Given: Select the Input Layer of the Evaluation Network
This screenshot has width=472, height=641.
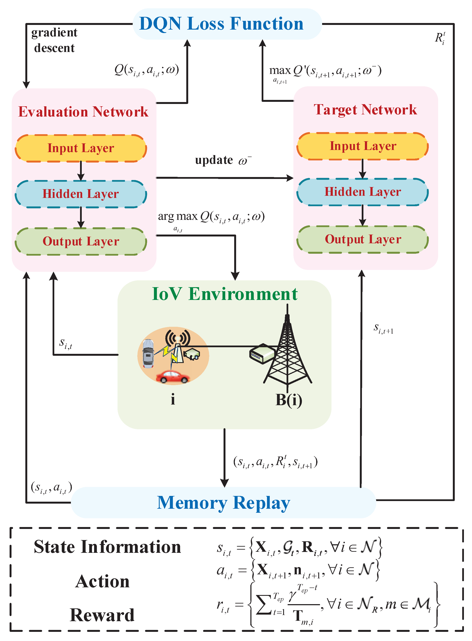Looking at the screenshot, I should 81,148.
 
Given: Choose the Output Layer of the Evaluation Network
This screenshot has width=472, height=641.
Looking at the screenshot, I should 81,241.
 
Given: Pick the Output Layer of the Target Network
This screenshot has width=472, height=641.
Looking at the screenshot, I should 363,239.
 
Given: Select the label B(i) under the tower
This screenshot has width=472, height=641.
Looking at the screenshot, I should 288,400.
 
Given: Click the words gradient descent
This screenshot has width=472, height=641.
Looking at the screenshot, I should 54,40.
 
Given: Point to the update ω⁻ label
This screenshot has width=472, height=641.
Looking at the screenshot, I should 223,160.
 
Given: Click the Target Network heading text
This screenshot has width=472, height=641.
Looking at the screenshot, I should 365,110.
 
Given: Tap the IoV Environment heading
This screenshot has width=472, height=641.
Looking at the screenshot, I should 225,294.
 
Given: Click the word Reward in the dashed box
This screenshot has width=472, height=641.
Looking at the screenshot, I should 102,615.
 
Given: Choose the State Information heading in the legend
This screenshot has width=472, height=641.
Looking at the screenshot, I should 108,547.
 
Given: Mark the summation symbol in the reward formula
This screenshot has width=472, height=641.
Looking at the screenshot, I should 263,604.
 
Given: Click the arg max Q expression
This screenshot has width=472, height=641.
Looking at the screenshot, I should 211,217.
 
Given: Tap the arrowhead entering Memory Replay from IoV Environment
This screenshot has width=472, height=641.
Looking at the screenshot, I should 225,483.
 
